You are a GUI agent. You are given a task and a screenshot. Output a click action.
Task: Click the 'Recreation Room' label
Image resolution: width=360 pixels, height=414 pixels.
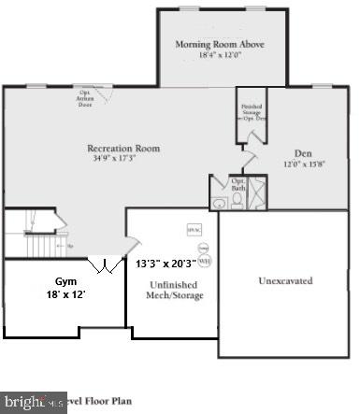click(x=123, y=148)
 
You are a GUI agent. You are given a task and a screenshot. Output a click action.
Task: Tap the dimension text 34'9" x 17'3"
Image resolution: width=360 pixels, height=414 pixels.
click(x=123, y=159)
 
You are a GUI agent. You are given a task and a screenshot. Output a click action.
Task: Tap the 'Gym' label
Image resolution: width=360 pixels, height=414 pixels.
click(x=65, y=280)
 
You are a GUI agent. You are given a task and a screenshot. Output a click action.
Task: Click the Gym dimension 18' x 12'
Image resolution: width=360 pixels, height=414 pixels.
click(x=65, y=294)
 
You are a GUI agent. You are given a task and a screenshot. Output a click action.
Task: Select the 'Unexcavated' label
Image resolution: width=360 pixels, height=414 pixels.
click(x=284, y=279)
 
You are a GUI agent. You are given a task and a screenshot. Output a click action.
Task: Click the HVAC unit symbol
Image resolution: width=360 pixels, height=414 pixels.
click(x=194, y=229)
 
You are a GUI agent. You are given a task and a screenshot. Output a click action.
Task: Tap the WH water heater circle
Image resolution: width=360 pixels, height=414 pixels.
click(x=205, y=261)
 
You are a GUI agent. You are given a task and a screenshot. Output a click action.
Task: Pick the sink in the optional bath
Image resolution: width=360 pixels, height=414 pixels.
click(x=219, y=183)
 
